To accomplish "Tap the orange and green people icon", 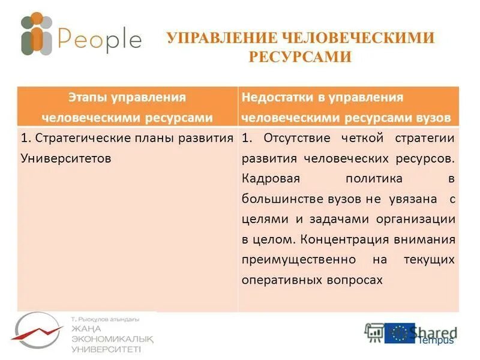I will [x=37, y=34].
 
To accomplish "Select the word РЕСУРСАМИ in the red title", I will [x=299, y=57].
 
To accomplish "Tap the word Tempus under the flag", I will [x=436, y=341].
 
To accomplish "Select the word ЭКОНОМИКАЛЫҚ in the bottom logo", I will [x=112, y=338].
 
